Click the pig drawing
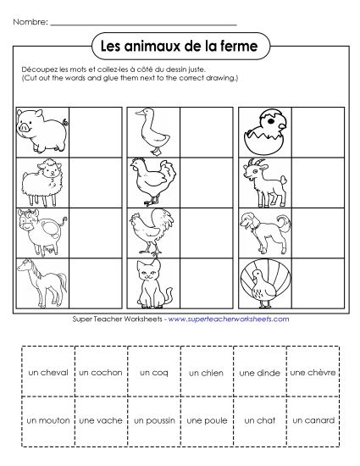click(42, 127)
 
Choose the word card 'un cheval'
click(47, 372)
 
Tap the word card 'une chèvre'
click(313, 372)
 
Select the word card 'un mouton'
click(47, 419)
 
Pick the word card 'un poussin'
click(153, 419)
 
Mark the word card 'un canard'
click(313, 419)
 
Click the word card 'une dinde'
click(259, 372)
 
